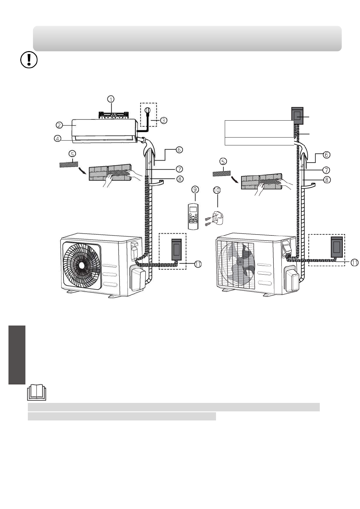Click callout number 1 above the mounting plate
[x=111, y=99]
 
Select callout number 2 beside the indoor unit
[x=59, y=125]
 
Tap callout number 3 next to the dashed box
[x=163, y=120]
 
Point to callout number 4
[x=57, y=138]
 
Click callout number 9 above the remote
[x=195, y=189]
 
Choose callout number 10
[x=217, y=190]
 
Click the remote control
[x=193, y=217]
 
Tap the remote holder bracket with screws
[x=215, y=219]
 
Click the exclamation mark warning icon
[x=29, y=60]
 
